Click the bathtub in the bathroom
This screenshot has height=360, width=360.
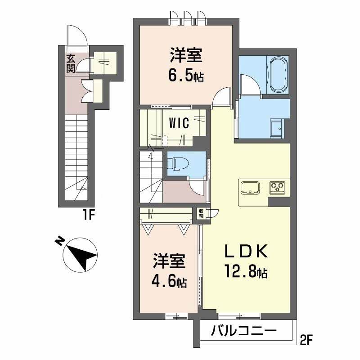pyautogui.click(x=279, y=75)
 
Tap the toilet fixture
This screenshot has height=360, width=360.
pyautogui.click(x=178, y=164)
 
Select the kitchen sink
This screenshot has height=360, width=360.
pyautogui.click(x=250, y=188)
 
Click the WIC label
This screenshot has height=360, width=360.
pyautogui.click(x=179, y=123)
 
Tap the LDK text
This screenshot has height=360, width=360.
pyautogui.click(x=246, y=251)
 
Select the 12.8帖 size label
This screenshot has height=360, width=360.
pyautogui.click(x=246, y=272)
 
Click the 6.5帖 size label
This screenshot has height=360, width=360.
pyautogui.click(x=186, y=76)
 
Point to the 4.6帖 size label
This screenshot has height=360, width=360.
pyautogui.click(x=169, y=281)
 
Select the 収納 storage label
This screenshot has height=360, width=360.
pyautogui.click(x=201, y=213)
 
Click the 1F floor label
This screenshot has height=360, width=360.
pyautogui.click(x=88, y=216)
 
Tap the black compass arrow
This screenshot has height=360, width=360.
pyautogui.click(x=82, y=256)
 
